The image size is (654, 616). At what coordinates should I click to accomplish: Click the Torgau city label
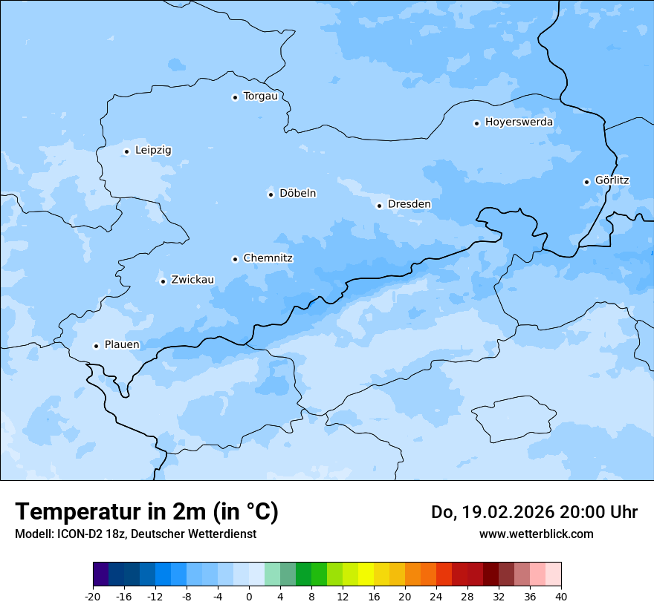[x=260, y=96]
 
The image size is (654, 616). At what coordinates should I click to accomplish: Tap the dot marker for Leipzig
[x=127, y=151]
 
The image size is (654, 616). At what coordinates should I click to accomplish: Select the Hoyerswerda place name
[x=519, y=122]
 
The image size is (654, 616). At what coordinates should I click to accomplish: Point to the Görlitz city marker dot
[x=586, y=182]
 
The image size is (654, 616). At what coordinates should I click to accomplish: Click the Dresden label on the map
[x=409, y=205]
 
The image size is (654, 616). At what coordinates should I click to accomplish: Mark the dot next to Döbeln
[x=271, y=194]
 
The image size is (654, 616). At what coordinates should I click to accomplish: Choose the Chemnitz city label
[x=268, y=259]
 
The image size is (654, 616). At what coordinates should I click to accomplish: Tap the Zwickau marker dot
[x=163, y=281]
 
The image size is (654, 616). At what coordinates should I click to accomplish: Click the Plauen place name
[x=122, y=345]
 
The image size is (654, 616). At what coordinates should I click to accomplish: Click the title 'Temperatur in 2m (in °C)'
[x=146, y=511]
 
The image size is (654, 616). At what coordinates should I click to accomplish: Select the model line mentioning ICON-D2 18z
[x=135, y=534]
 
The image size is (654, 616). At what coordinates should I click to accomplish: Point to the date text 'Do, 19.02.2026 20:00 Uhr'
[x=534, y=512]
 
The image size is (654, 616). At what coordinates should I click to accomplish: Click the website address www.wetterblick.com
[x=536, y=534]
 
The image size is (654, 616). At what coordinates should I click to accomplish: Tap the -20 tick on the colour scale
[x=93, y=597]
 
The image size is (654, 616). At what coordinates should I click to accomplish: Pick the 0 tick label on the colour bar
[x=249, y=597]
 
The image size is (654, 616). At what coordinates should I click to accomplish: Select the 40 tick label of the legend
[x=561, y=597]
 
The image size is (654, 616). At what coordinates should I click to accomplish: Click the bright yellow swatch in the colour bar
[x=366, y=574]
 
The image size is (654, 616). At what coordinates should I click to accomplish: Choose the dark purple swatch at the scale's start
[x=100, y=574]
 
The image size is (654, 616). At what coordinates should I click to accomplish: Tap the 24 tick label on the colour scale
[x=436, y=597]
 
